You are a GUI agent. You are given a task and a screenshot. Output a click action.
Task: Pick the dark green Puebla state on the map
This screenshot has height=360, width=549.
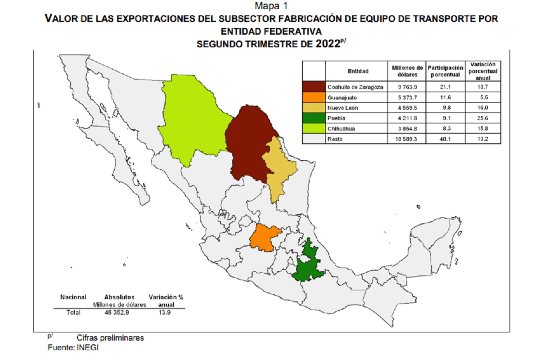[x=306, y=265]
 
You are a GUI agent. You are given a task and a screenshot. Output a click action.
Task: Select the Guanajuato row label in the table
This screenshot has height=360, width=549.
[x=342, y=97]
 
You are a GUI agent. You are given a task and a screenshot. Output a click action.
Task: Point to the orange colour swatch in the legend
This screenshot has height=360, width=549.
[x=314, y=97]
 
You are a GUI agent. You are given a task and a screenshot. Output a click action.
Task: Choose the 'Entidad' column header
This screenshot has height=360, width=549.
[x=358, y=71]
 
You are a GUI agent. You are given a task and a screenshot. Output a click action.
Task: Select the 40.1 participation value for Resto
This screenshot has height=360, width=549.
[x=444, y=139]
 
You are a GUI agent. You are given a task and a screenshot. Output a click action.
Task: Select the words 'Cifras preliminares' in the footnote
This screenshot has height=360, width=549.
[x=110, y=337]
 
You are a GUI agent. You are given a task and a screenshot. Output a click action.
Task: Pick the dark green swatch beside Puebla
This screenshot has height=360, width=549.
[x=314, y=118]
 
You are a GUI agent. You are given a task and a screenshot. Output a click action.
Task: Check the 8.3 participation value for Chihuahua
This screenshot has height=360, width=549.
[x=444, y=129]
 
